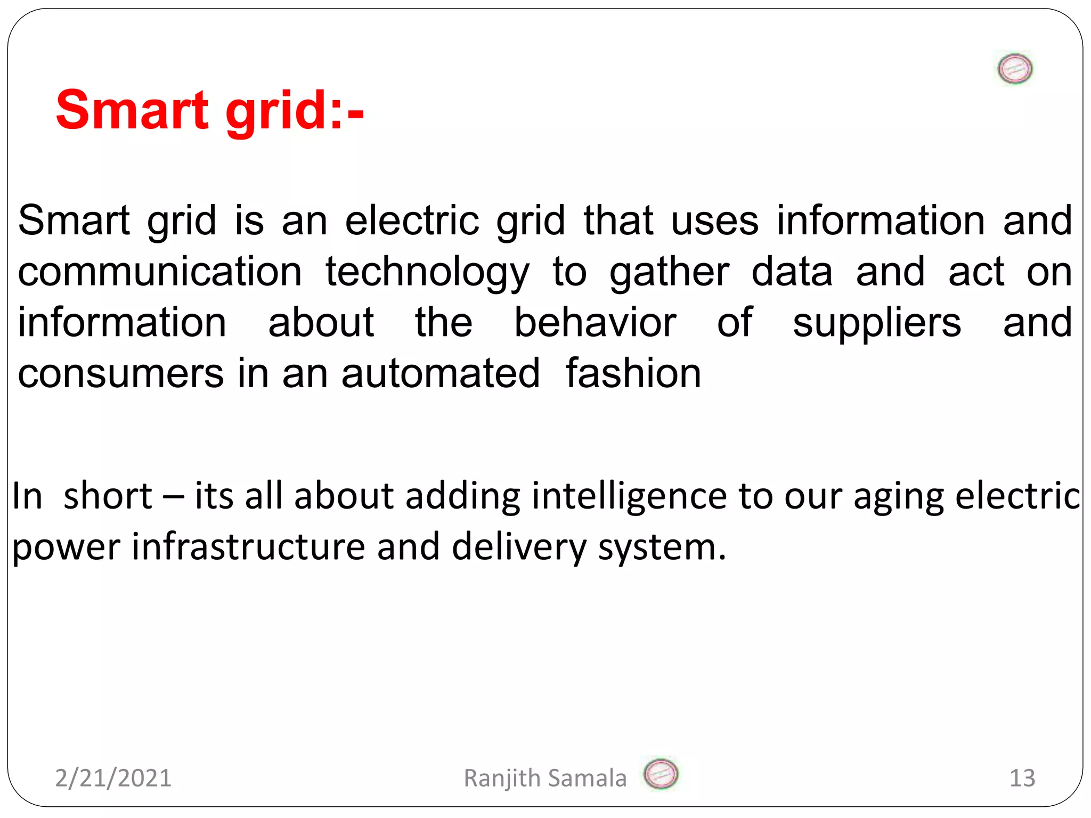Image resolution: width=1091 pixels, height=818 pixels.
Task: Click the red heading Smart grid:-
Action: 209,110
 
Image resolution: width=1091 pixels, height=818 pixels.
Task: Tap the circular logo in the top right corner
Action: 1015,69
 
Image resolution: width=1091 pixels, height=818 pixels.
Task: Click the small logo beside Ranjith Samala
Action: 661,774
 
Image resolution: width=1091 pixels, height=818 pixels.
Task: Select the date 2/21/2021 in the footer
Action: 113,778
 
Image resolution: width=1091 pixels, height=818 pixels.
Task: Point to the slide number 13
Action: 1022,778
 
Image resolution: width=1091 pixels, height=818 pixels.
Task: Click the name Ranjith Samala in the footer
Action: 545,778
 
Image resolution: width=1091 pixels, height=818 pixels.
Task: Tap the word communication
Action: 160,272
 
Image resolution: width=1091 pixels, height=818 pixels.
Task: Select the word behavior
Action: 595,323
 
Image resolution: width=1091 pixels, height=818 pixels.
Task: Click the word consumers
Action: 120,374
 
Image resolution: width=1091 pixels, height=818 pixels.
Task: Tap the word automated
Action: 440,374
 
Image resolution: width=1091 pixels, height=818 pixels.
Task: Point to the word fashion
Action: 633,374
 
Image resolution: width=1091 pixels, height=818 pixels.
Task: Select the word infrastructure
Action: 248,547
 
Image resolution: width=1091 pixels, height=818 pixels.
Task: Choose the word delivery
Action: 519,547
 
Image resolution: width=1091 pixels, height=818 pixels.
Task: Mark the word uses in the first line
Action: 714,221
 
